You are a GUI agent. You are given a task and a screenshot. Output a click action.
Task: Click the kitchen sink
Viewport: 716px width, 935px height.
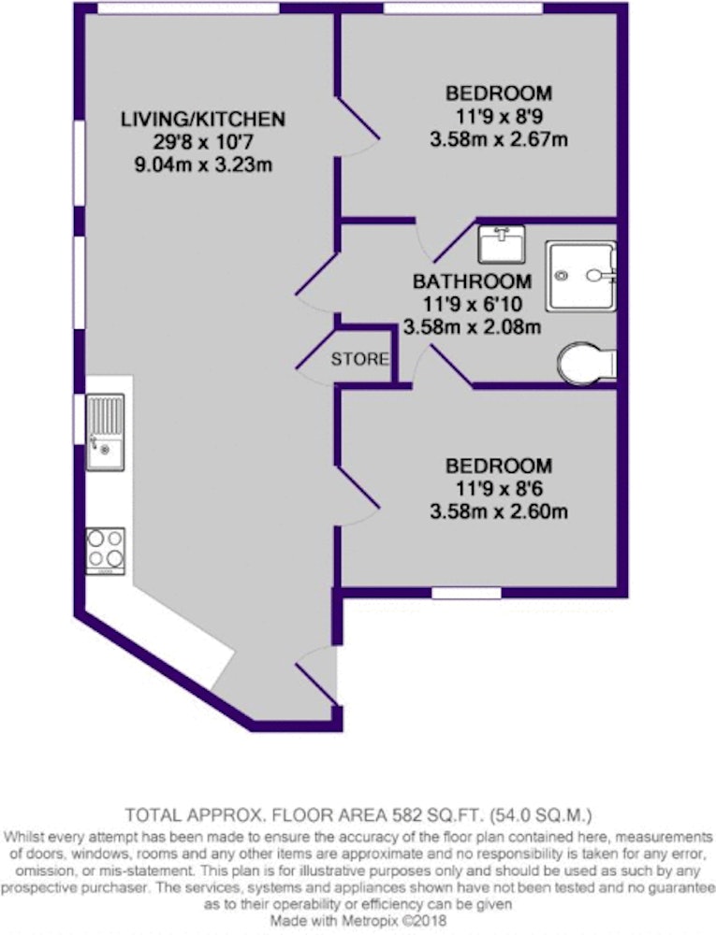click(105, 432)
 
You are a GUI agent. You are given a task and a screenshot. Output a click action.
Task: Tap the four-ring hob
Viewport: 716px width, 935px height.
click(105, 551)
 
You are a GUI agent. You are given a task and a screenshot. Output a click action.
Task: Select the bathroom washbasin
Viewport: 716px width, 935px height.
click(502, 244)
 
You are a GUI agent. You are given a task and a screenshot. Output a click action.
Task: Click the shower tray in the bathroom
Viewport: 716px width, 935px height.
click(580, 276)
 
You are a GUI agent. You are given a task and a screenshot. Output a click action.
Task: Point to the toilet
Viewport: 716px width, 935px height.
click(587, 361)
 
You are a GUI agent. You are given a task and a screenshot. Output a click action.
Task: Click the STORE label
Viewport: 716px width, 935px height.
click(359, 359)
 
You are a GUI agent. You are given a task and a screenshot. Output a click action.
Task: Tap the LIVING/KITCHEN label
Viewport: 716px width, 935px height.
click(203, 119)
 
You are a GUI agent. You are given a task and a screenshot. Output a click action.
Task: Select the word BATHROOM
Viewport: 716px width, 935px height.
click(472, 280)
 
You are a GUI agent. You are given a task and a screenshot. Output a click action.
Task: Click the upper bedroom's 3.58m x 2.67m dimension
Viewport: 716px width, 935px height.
click(498, 139)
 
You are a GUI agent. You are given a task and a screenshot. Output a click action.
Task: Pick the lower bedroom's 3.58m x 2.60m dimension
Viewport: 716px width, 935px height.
click(498, 511)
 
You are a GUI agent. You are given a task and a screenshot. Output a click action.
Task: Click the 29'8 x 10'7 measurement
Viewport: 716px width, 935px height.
click(203, 142)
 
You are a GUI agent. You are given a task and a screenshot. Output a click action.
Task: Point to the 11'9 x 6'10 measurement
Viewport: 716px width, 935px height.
click(473, 304)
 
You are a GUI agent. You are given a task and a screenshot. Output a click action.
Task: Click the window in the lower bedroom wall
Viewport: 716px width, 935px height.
click(466, 593)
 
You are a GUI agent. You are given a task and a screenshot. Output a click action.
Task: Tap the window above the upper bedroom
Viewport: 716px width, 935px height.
click(462, 7)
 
